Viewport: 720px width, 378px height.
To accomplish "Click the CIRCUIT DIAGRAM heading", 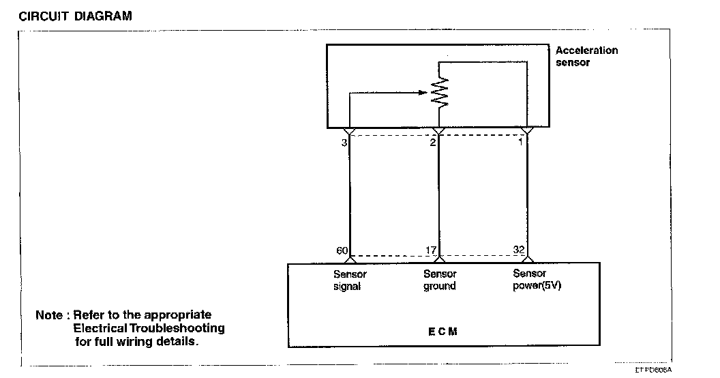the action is click(75, 16).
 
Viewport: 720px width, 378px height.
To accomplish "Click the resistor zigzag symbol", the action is click(441, 91).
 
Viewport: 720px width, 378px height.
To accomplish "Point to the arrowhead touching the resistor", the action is click(425, 93).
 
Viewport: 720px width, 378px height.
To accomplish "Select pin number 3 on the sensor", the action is click(344, 143).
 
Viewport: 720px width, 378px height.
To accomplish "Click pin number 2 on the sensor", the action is click(432, 143).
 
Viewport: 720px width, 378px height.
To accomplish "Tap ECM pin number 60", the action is click(342, 250).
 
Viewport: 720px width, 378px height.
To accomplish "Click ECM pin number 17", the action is click(430, 250).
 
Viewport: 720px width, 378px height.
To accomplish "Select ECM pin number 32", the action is click(518, 250).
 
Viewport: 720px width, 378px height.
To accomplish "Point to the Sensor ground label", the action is click(440, 280).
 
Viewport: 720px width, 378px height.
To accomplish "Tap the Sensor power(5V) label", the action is click(537, 280).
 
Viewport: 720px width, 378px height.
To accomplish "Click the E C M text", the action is click(442, 331).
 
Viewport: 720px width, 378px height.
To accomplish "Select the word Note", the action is click(49, 315).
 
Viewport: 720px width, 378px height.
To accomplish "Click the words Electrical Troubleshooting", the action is click(149, 328).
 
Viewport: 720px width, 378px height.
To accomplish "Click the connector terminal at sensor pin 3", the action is click(350, 130).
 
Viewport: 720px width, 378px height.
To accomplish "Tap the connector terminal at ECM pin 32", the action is click(527, 259).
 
